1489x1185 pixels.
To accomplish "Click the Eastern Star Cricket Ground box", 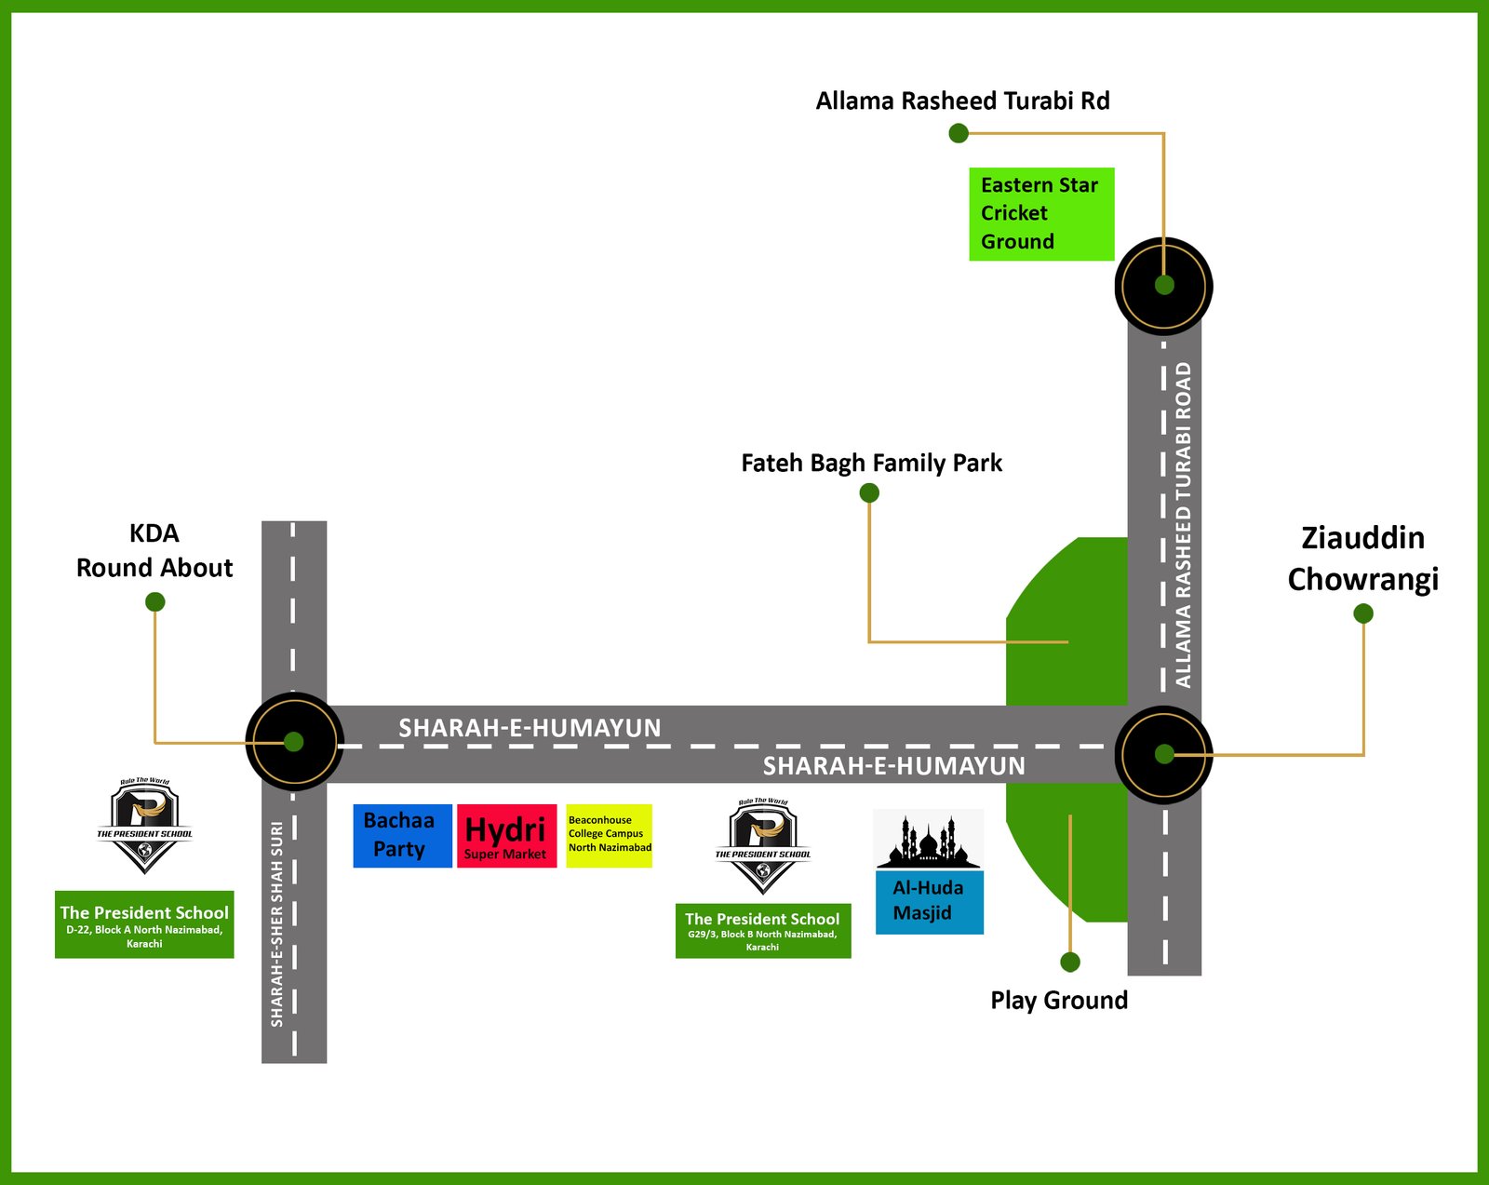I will coord(1040,214).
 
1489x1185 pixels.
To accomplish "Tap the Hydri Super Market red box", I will coord(506,836).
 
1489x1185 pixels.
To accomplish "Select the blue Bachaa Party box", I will coord(402,836).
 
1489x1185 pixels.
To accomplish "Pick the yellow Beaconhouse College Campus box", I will coord(609,836).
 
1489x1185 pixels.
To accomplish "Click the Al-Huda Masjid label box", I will coord(929,901).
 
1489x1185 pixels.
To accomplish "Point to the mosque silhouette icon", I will coord(929,840).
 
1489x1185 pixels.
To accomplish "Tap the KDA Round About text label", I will coord(154,550).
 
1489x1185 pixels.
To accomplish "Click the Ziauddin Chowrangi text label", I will coord(1362,559).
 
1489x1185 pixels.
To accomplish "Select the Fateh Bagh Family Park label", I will coord(871,463).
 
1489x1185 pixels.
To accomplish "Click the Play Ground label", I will coord(1059,1000).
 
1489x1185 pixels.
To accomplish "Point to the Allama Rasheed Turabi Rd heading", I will coord(962,101).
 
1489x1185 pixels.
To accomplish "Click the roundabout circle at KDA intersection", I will coord(294,742).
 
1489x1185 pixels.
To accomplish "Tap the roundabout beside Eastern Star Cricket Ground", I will coord(1163,286).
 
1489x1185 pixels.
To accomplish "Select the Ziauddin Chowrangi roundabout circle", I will coord(1163,754).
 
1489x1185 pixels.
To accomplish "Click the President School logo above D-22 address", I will coord(145,825).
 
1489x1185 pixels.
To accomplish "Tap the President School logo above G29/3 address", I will coord(763,845).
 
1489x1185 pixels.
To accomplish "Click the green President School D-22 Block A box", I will coord(144,924).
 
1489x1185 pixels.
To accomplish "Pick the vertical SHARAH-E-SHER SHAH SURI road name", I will coord(277,923).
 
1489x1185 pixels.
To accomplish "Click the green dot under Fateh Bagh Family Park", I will coord(869,492).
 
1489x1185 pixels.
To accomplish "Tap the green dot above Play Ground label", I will coord(1070,962).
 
